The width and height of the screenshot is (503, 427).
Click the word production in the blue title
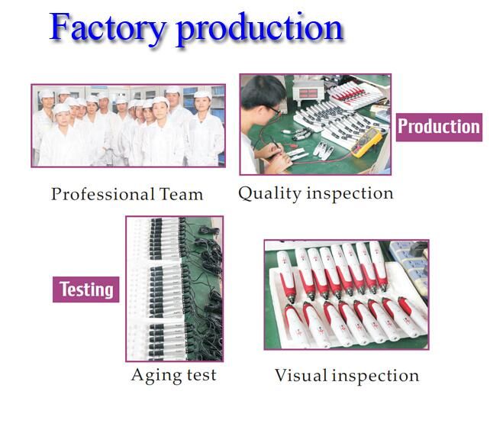pos(260,30)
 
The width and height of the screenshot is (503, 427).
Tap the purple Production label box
pos(439,127)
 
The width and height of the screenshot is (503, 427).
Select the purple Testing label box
pos(86,290)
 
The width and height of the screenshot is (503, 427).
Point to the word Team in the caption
pos(181,194)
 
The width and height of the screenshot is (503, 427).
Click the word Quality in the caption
pos(269,194)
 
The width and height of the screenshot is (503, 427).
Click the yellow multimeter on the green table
pos(367,142)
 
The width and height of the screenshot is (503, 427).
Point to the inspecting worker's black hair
pos(263,92)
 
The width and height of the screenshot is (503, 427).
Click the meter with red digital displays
pos(308,92)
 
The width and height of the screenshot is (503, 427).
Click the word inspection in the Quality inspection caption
pos(350,193)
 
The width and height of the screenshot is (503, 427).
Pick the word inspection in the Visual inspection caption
pos(376,376)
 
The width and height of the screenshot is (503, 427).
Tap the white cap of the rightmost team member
pos(203,95)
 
